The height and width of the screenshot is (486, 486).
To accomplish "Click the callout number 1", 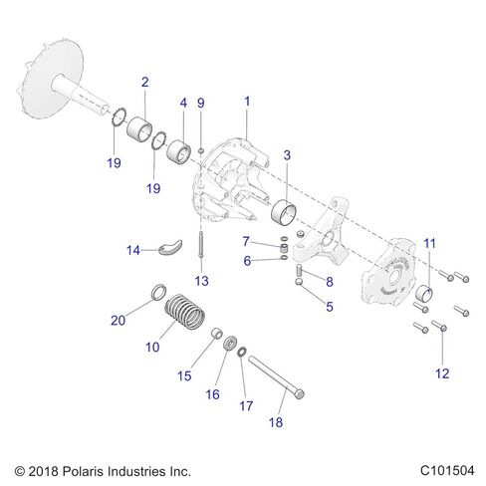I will [247, 102].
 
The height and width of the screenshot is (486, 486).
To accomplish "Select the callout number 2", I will [145, 82].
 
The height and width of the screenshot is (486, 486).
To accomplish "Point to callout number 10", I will [152, 348].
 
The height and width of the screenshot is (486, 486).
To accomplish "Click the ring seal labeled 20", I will [157, 293].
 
